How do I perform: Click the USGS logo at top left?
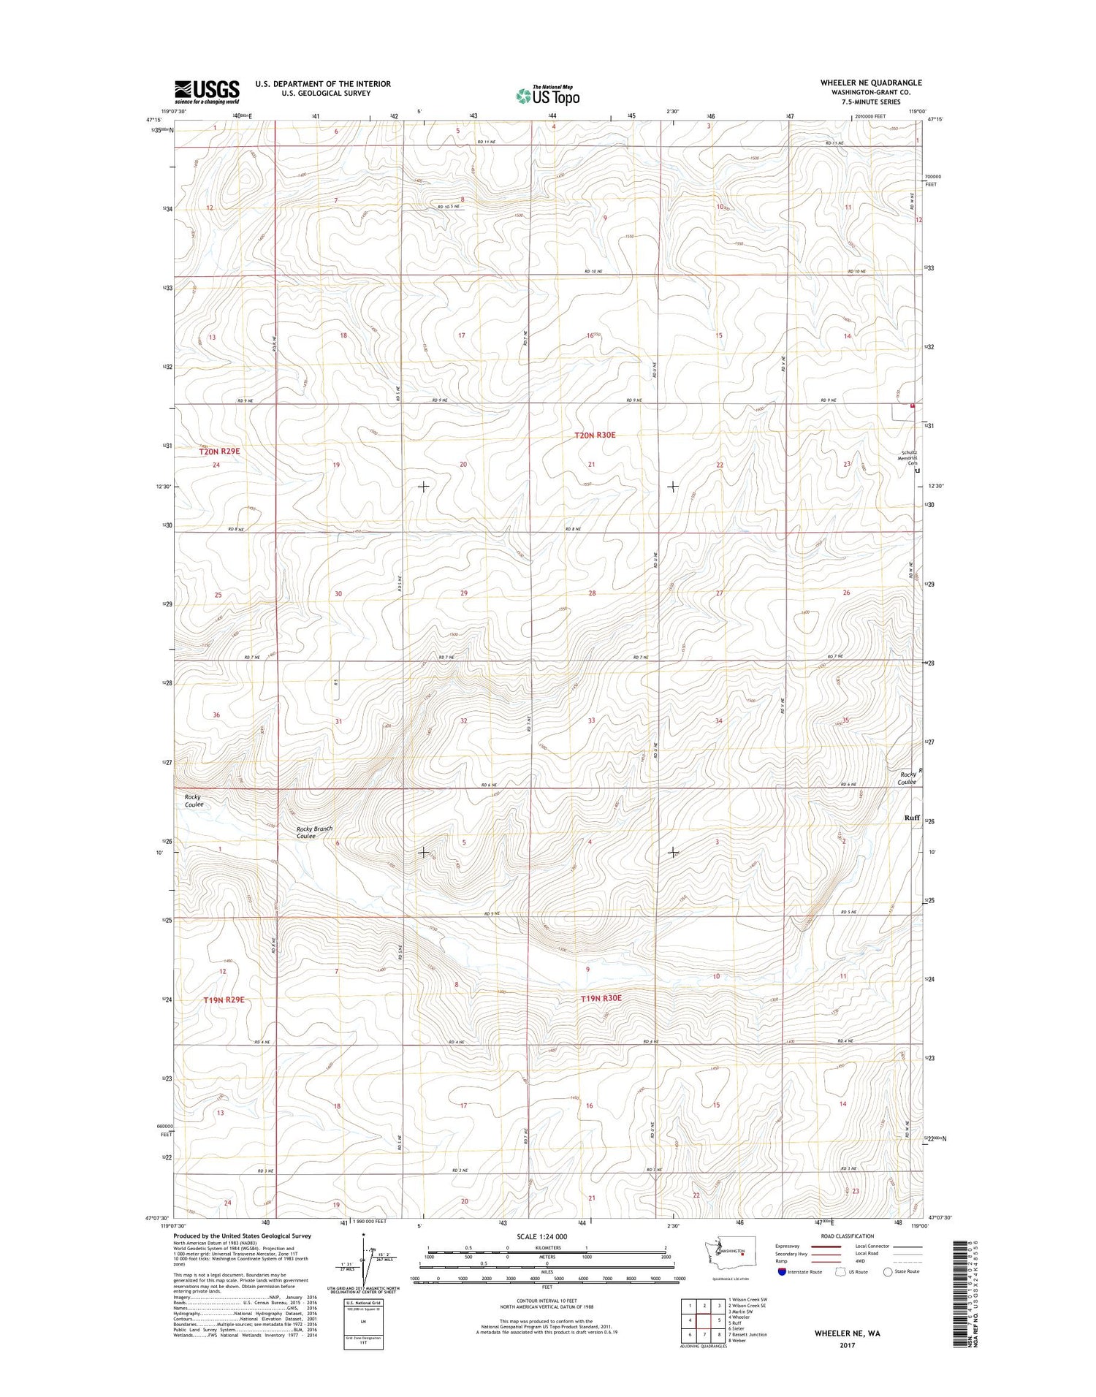[207, 91]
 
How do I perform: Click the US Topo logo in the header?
[548, 95]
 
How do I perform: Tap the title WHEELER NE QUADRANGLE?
[871, 83]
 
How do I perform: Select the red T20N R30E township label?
[595, 435]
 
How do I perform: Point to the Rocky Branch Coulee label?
[314, 832]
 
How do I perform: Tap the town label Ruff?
[911, 818]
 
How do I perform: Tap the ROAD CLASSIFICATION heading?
[847, 1236]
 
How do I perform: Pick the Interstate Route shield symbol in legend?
[782, 1271]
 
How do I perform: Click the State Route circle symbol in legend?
[888, 1271]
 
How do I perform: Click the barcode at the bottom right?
[962, 1293]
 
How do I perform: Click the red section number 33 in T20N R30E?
[591, 720]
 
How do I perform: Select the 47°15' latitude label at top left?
[153, 120]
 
